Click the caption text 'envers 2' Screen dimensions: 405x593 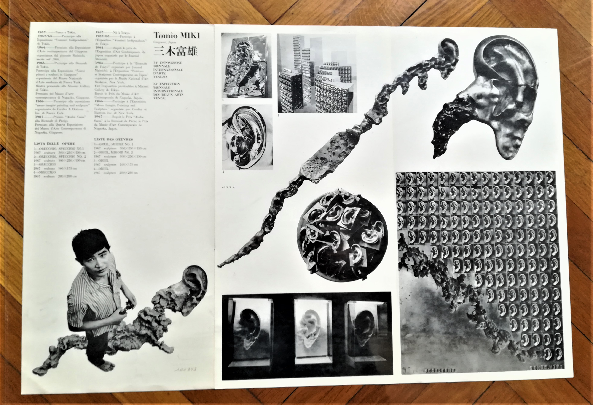click(x=228, y=187)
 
